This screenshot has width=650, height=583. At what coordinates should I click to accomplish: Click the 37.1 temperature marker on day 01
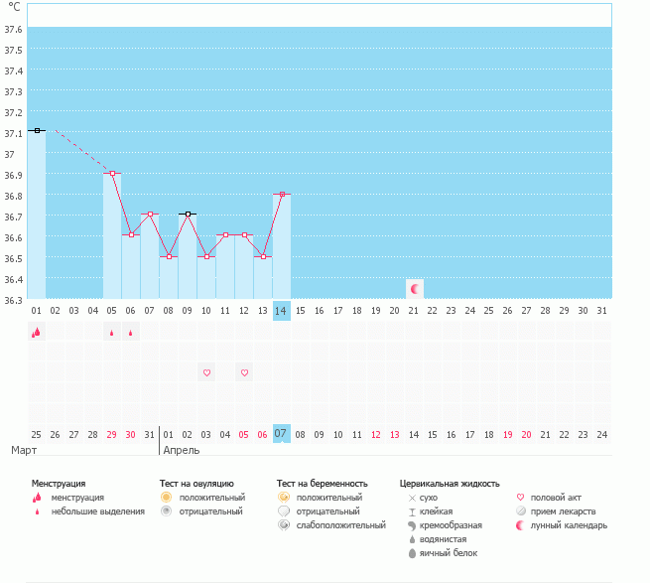[37, 130]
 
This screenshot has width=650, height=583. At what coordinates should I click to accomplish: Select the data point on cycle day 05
[112, 173]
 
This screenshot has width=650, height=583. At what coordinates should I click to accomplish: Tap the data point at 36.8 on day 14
[282, 194]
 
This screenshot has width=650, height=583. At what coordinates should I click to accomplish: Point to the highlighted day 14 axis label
[282, 310]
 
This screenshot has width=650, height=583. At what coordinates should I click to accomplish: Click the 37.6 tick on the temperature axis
[14, 29]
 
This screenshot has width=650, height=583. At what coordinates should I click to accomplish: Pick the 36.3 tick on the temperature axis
[14, 299]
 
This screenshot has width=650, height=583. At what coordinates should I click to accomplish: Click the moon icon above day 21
[415, 288]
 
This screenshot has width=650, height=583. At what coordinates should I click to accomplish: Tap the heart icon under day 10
[206, 372]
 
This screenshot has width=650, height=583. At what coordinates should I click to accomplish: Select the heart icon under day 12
[244, 372]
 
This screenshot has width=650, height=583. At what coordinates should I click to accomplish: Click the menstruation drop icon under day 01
[37, 333]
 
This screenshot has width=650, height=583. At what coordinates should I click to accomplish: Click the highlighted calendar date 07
[282, 434]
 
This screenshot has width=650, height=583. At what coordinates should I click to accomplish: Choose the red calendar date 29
[112, 434]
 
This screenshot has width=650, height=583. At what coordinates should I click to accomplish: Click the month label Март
[25, 450]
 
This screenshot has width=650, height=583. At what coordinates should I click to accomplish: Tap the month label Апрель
[181, 450]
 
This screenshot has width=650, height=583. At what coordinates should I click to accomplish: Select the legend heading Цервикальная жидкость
[450, 483]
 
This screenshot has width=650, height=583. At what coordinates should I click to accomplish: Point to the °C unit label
[14, 7]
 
